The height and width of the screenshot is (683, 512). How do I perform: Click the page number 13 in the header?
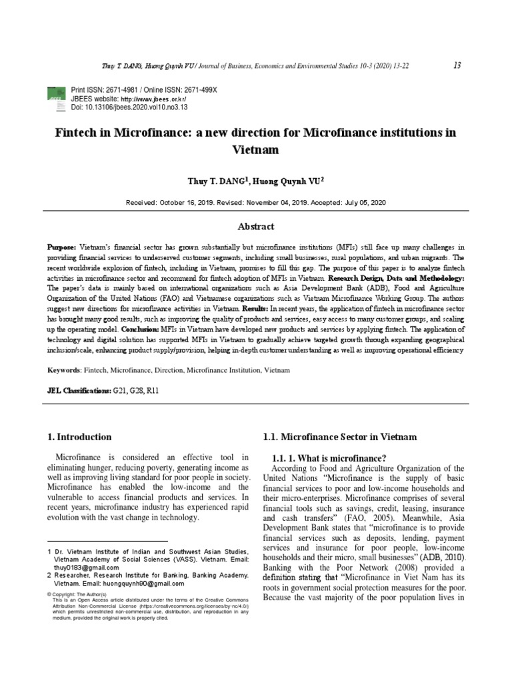pos(457,65)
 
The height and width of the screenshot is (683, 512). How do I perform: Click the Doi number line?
pos(129,107)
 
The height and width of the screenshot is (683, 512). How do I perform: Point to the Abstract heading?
pos(256,227)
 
